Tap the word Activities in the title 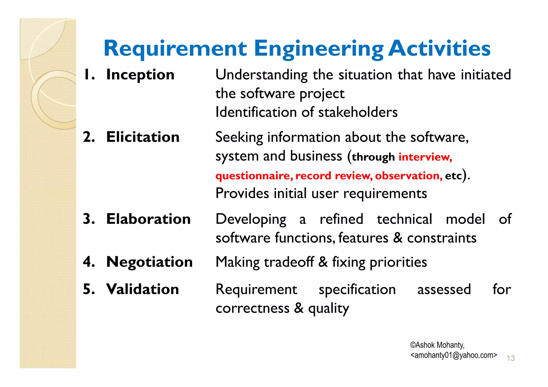(439, 49)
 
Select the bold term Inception (140, 75)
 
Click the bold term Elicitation (143, 137)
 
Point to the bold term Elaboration (148, 219)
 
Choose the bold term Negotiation (149, 262)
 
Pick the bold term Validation (142, 289)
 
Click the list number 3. (89, 219)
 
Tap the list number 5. (89, 289)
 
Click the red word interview (425, 157)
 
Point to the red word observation (409, 176)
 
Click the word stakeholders (358, 112)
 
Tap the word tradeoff (289, 262)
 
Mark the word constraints (442, 238)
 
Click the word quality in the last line (329, 309)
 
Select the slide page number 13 (511, 358)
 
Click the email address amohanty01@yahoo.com (454, 355)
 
